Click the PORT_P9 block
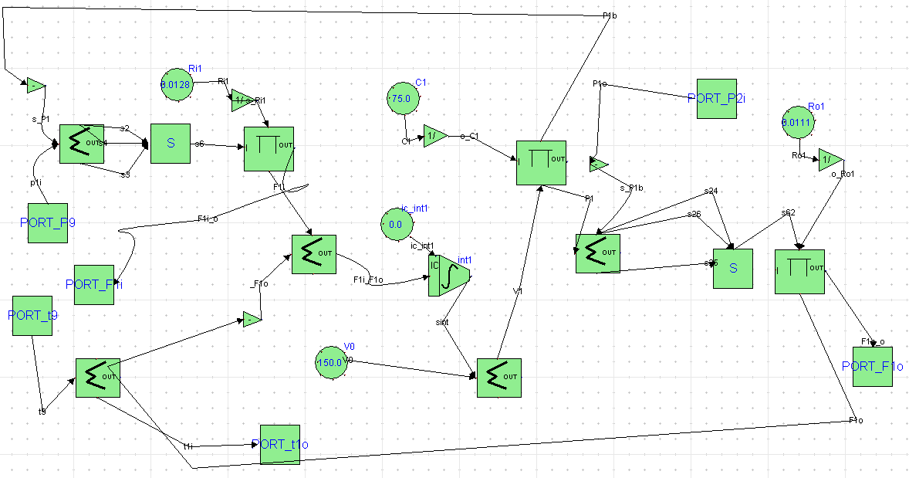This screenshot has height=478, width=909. [x=48, y=223]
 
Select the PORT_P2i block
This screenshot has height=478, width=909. [x=716, y=98]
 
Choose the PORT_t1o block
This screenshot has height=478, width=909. [x=280, y=444]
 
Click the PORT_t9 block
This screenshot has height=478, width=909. [x=32, y=316]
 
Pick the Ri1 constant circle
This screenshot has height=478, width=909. [x=176, y=84]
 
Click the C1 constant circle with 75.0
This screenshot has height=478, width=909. [x=401, y=99]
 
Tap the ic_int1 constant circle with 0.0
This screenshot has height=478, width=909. [x=395, y=225]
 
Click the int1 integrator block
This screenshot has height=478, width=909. [x=449, y=276]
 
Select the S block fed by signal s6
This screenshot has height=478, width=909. [x=171, y=144]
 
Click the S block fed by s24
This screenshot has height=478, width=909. [x=733, y=269]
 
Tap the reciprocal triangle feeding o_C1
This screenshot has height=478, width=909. [x=434, y=136]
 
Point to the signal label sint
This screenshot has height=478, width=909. [x=442, y=322]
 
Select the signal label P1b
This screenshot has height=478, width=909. [x=609, y=15]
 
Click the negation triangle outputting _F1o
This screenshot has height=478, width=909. [x=252, y=319]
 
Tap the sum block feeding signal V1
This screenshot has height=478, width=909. [x=498, y=378]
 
